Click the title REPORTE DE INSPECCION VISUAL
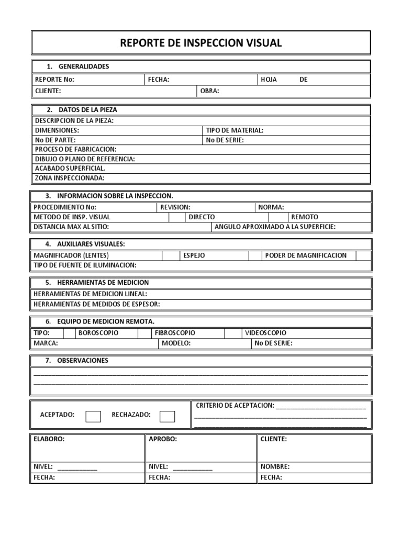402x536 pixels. tap(201, 43)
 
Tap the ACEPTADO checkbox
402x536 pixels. tap(93, 416)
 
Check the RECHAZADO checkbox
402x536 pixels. tap(167, 416)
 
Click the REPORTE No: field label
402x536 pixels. tap(54, 80)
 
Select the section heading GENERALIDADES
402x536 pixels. tap(84, 66)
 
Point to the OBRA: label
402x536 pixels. tap(210, 91)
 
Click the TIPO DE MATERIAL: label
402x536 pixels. tap(234, 130)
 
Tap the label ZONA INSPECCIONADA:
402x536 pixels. tap(70, 178)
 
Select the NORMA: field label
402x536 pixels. tap(271, 207)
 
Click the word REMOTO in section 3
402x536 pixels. tap(305, 217)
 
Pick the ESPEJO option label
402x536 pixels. tap(194, 255)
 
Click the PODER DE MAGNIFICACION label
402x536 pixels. tap(306, 255)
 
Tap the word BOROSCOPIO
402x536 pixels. tap(98, 333)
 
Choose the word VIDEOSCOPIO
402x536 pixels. tap(265, 333)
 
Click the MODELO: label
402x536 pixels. tap(176, 343)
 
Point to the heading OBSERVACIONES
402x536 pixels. tap(83, 361)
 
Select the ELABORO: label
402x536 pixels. tap(49, 439)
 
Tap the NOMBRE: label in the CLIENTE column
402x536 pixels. tap(275, 466)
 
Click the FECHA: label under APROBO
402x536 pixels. tap(159, 477)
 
